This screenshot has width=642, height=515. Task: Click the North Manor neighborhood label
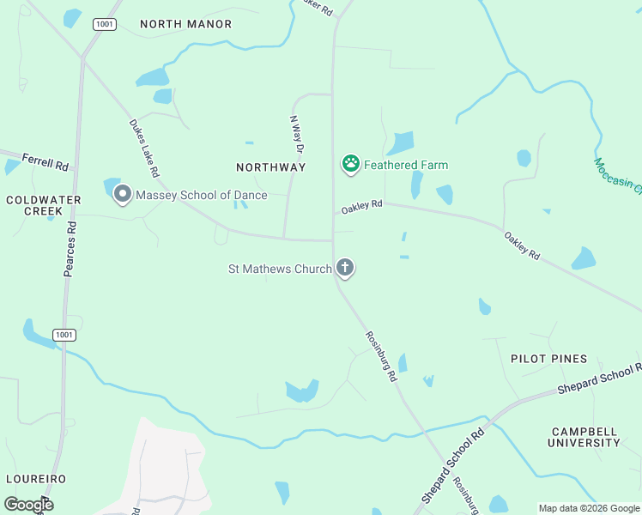(185, 24)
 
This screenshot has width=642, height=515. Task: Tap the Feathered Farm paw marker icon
(350, 163)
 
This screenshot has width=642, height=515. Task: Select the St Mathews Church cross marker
(345, 269)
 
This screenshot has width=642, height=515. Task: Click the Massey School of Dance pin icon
(123, 195)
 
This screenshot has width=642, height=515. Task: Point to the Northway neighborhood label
(271, 167)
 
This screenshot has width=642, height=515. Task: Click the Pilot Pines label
(548, 359)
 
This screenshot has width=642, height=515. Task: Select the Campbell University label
(585, 437)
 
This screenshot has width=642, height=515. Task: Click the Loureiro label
(35, 478)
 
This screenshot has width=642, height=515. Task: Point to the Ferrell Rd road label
(45, 161)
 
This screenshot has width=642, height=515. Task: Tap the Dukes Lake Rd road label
(144, 148)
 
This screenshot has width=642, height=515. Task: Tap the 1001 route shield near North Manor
(106, 24)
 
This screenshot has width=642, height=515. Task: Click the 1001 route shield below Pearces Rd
(64, 335)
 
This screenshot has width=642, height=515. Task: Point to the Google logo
(28, 505)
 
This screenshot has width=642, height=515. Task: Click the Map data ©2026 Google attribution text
(588, 508)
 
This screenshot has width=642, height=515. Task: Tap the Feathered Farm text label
(406, 165)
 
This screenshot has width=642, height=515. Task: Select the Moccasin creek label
(617, 177)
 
